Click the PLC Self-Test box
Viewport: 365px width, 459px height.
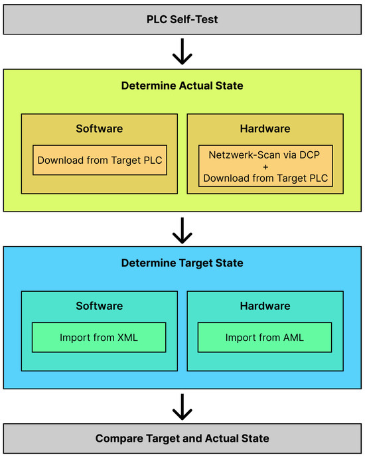click(182, 19)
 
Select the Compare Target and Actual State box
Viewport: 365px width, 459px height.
click(182, 438)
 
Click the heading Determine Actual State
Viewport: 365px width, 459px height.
click(182, 86)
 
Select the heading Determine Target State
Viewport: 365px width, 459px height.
click(182, 263)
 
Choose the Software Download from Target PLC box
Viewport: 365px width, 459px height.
click(100, 160)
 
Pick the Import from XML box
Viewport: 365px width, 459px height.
click(100, 337)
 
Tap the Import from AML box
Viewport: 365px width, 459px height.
click(265, 337)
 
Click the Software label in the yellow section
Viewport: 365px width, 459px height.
click(100, 128)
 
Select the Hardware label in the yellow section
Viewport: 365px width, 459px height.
click(265, 128)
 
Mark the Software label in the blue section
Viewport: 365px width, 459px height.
click(100, 306)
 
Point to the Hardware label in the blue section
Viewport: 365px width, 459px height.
click(265, 306)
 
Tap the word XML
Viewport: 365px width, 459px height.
click(126, 337)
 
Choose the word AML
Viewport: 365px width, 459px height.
click(291, 337)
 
